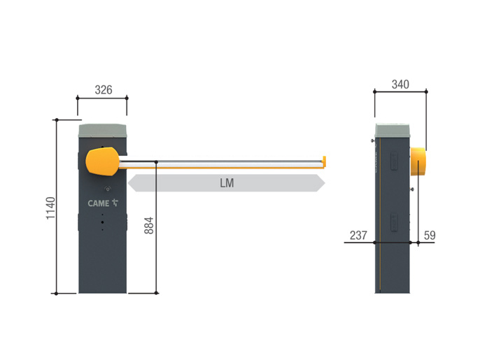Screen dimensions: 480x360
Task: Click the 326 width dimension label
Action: pyautogui.click(x=104, y=90)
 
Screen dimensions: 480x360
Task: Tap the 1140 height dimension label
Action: pyautogui.click(x=51, y=208)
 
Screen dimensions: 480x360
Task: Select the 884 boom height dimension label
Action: pyautogui.click(x=149, y=225)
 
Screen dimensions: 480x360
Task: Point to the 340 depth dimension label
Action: pyautogui.click(x=400, y=85)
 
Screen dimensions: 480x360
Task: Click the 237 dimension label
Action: pyautogui.click(x=358, y=235)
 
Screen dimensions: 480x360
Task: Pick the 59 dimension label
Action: pyautogui.click(x=430, y=235)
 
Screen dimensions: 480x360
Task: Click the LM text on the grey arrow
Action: pyautogui.click(x=227, y=183)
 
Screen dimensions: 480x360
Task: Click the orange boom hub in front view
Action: pyautogui.click(x=102, y=161)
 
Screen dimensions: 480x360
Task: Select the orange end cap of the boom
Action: pyautogui.click(x=324, y=161)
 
